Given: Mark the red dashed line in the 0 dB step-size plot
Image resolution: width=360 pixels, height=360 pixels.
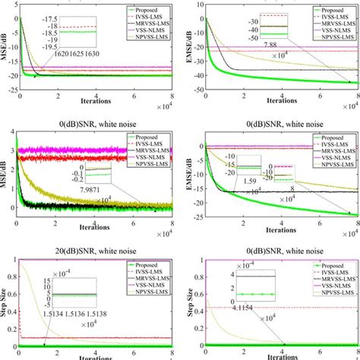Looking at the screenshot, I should [x=304, y=307].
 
